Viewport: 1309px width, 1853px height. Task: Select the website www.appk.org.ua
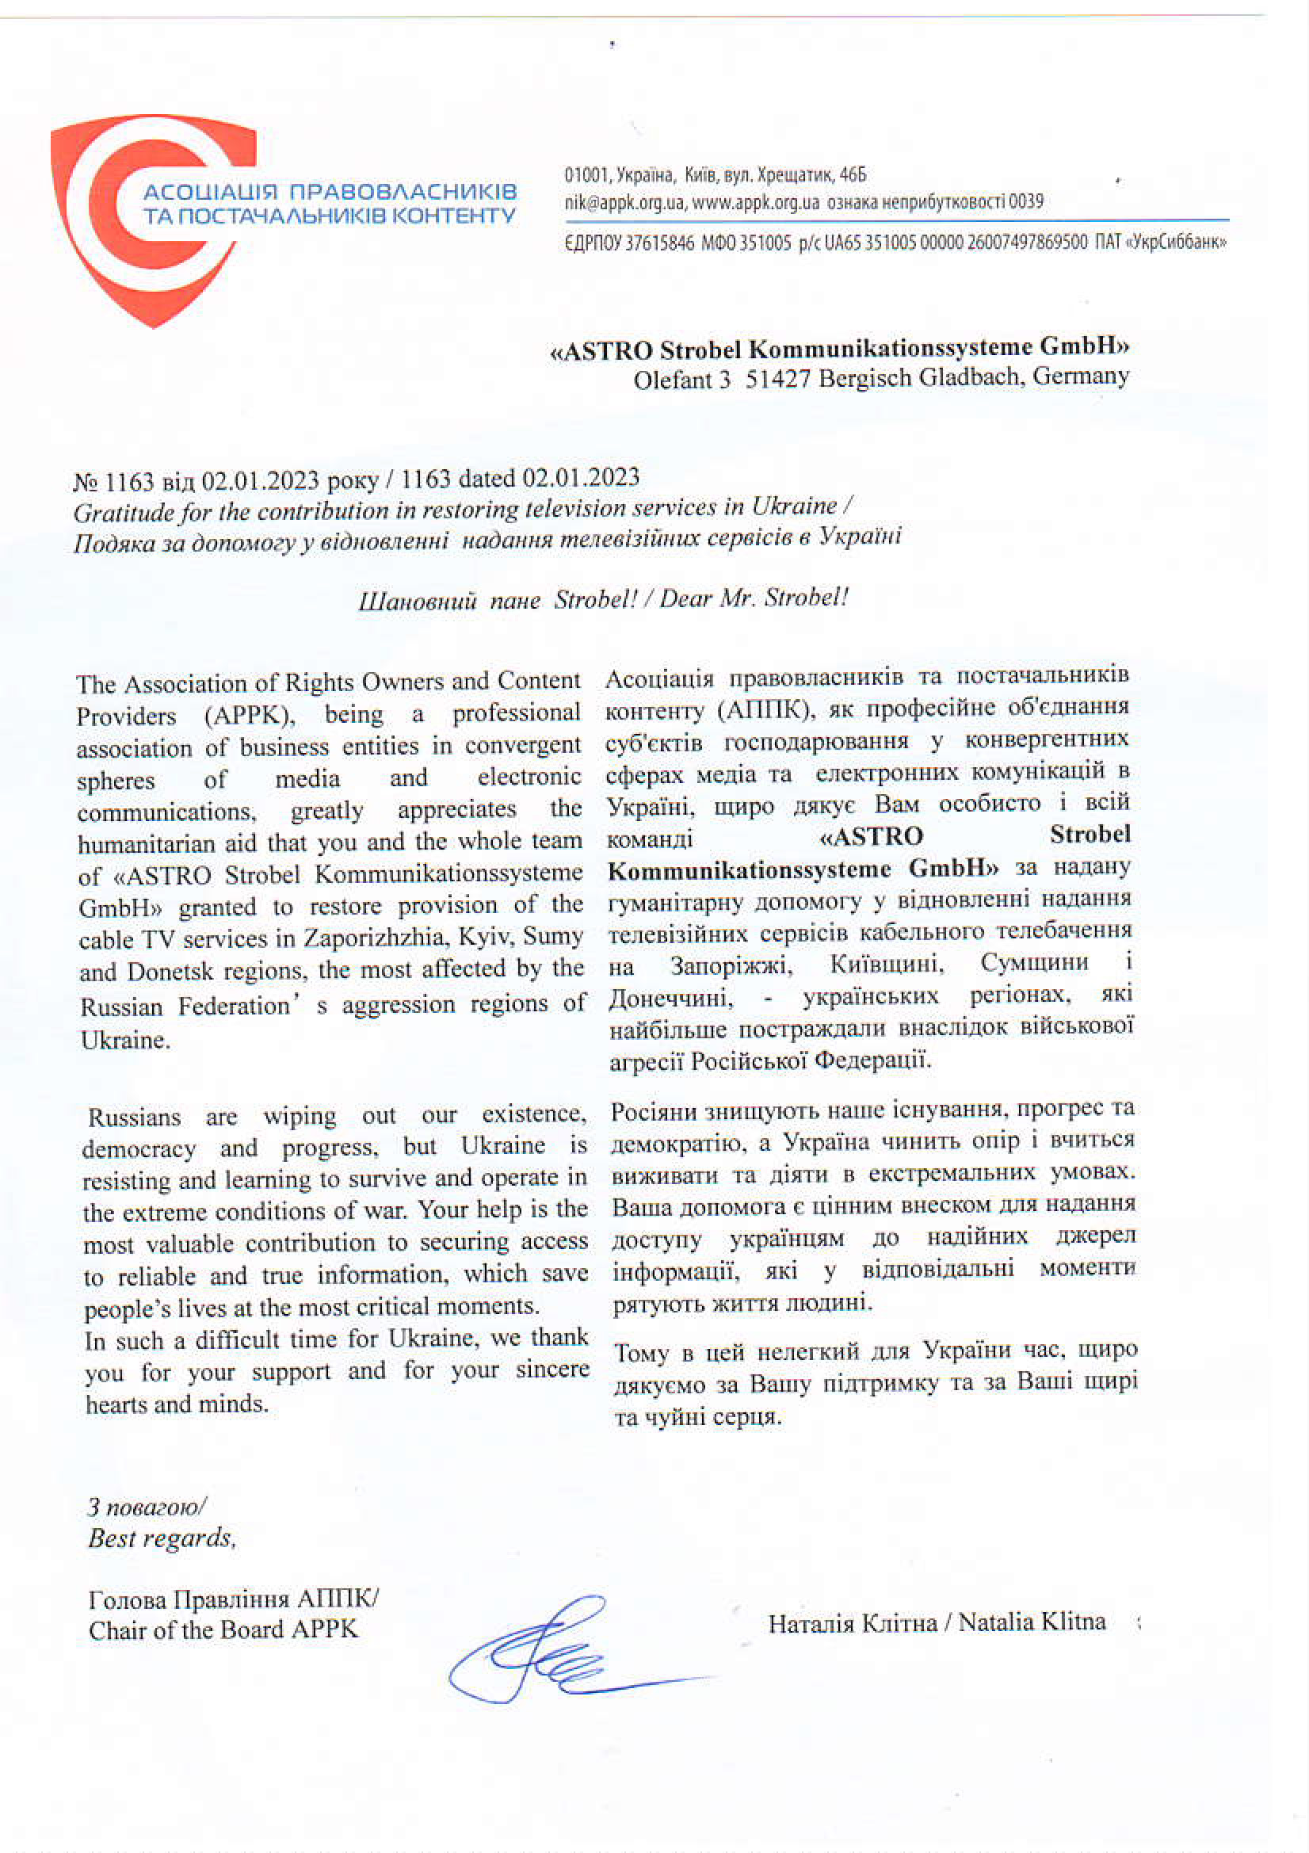755,202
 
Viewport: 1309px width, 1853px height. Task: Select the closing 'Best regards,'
162,1538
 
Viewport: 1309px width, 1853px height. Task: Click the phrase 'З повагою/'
146,1507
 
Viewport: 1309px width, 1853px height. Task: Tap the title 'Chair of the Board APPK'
223,1630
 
